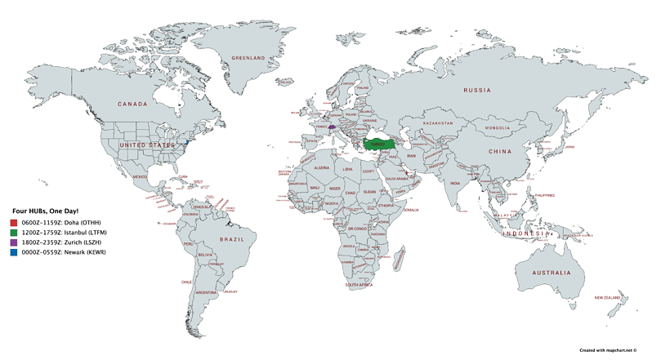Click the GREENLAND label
(248, 59)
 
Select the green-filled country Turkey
(377, 144)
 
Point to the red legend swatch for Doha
(14, 223)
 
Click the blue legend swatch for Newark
(14, 252)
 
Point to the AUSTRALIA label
(553, 271)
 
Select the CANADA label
(132, 104)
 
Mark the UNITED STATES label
(147, 144)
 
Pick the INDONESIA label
(525, 233)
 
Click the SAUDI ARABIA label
(402, 179)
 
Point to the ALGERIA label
(321, 167)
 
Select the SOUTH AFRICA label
(358, 285)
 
